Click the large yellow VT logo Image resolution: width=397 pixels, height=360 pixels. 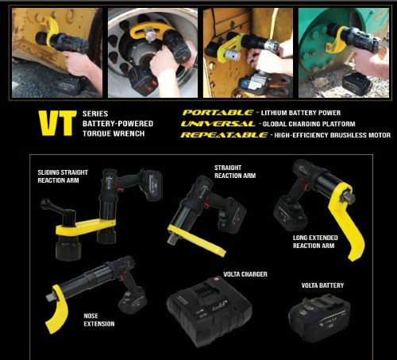point(57,123)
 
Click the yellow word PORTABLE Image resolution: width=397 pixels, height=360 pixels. point(218,113)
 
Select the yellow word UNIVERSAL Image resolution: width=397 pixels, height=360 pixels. point(218,124)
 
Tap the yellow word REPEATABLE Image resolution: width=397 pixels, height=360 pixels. point(225,135)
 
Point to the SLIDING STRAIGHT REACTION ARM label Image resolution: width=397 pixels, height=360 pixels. point(63,176)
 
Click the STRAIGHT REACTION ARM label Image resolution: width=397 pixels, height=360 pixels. point(235,172)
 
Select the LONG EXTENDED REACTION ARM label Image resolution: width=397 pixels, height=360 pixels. point(315,242)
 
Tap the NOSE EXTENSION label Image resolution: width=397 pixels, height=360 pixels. point(99,319)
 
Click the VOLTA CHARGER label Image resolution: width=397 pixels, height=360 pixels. point(245,274)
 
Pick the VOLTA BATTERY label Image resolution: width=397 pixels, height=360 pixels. point(322,285)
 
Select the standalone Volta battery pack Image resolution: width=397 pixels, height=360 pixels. point(319,315)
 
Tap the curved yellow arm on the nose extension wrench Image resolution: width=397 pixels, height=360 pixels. point(56,308)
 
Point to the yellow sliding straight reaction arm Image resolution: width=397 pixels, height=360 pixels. point(85,227)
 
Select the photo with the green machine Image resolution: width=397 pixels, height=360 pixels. point(344,52)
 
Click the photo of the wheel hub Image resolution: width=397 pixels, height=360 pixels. point(152,52)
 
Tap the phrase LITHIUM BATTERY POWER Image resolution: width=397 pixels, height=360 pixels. point(301,113)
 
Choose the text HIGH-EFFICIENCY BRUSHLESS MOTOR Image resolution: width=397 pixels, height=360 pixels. point(333,135)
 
